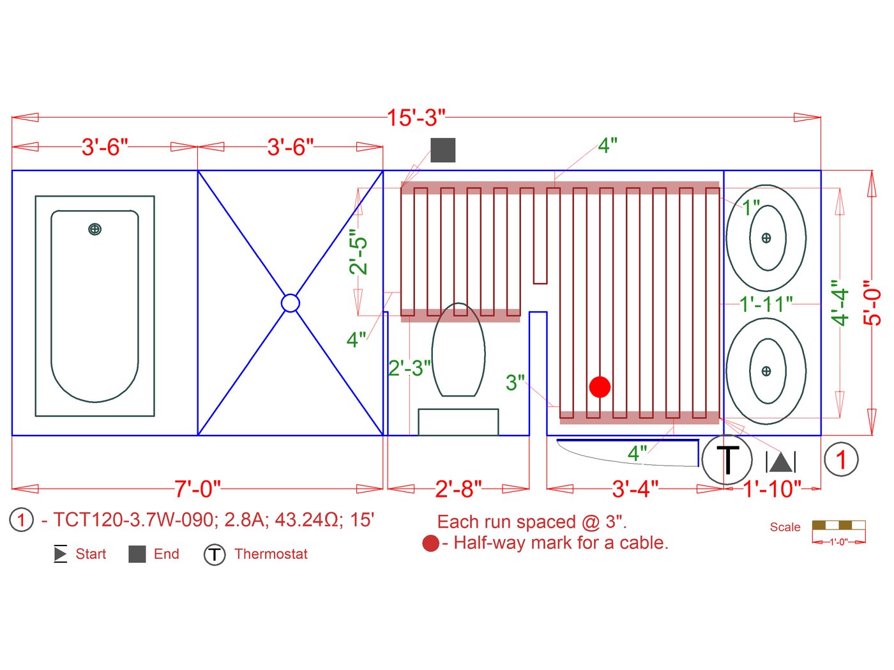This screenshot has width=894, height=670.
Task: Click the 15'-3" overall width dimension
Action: [x=416, y=118]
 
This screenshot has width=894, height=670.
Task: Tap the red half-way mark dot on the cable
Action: [x=600, y=386]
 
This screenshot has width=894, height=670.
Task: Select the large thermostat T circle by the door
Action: [x=728, y=459]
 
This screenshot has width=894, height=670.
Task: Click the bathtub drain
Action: [x=95, y=229]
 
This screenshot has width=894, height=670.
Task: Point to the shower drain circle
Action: [x=290, y=303]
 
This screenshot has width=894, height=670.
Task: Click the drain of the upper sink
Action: [x=766, y=238]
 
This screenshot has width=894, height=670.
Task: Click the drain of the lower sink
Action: [x=766, y=371]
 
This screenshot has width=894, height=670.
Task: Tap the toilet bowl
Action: [x=458, y=351]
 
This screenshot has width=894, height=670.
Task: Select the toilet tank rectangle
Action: [x=458, y=422]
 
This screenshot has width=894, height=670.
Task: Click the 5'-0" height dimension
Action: [x=872, y=303]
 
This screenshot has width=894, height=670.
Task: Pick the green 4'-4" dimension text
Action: [x=840, y=303]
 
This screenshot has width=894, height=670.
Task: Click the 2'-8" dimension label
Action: [x=458, y=489]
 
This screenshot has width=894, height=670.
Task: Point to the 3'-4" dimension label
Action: [x=635, y=489]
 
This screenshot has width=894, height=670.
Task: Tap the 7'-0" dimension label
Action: [x=198, y=489]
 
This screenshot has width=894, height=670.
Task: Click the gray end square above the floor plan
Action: [x=443, y=150]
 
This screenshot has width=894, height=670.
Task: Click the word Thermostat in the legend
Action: [x=271, y=554]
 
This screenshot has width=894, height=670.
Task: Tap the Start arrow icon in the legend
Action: [x=61, y=554]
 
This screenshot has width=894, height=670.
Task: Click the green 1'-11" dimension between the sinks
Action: [x=766, y=304]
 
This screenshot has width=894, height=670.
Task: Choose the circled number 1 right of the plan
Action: [x=841, y=459]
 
